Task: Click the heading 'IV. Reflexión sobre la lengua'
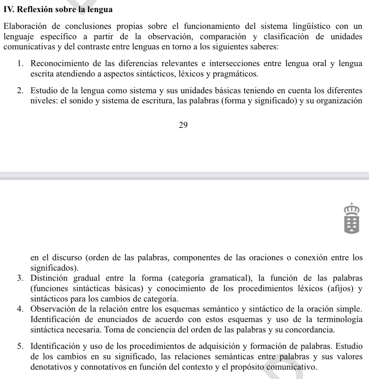pyautogui.click(x=58, y=10)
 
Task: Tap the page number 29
pyautogui.click(x=183, y=125)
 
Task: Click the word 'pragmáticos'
pyautogui.click(x=235, y=74)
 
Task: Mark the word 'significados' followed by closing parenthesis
pyautogui.click(x=53, y=268)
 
